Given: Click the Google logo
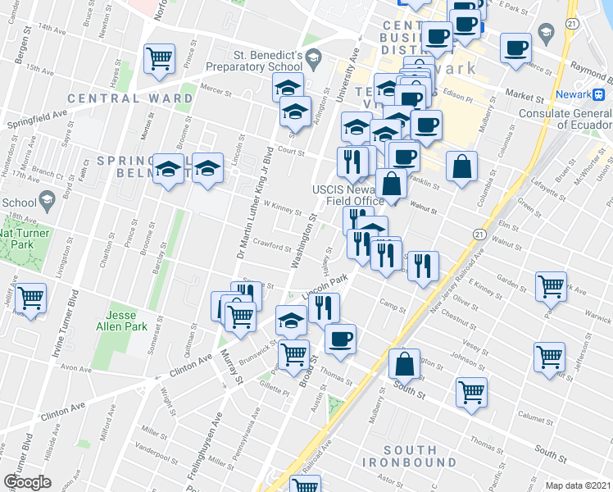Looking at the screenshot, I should (27, 481).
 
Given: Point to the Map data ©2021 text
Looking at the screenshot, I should (578, 485).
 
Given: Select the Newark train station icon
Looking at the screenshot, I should (601, 93).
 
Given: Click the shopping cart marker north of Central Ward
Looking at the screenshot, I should (159, 57).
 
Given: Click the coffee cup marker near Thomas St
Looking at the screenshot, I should (340, 338).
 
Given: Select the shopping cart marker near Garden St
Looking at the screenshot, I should (550, 285).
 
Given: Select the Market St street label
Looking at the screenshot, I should (520, 93).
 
